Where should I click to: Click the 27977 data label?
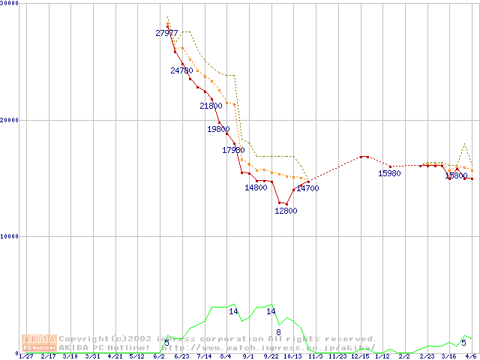(x=166, y=33)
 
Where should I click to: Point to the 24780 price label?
(x=181, y=70)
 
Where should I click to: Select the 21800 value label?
(x=211, y=106)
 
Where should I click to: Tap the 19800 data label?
(x=218, y=129)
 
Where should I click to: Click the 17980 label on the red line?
(x=233, y=151)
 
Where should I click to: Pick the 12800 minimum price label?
(x=286, y=211)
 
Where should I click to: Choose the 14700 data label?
(x=307, y=188)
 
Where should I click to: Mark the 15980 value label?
(x=389, y=173)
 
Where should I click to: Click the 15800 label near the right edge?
(x=456, y=175)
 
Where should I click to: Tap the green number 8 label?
(x=278, y=331)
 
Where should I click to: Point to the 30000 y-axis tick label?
(x=10, y=4)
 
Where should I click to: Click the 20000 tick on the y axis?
(x=10, y=120)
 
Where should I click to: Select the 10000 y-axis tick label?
(x=10, y=236)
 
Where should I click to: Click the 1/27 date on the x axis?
(x=25, y=356)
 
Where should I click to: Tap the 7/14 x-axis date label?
(x=203, y=356)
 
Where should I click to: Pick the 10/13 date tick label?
(x=292, y=356)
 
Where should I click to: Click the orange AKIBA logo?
(x=39, y=342)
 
